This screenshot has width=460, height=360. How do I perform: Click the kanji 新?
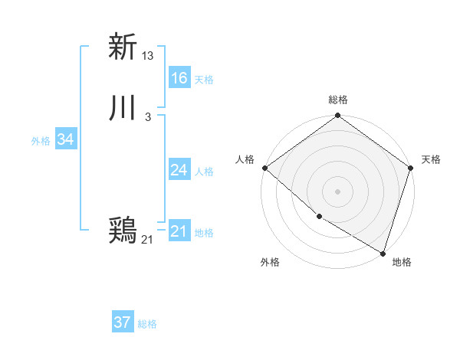pyautogui.click(x=123, y=47)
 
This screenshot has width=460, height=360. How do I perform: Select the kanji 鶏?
pyautogui.click(x=123, y=231)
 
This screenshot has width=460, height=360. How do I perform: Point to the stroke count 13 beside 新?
pyautogui.click(x=149, y=55)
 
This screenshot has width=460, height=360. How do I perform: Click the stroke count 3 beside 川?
pyautogui.click(x=147, y=117)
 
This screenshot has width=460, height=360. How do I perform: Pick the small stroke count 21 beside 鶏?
pyautogui.click(x=147, y=240)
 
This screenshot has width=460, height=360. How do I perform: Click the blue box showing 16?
pyautogui.click(x=179, y=78)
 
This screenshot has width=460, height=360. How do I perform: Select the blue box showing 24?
pyautogui.click(x=179, y=170)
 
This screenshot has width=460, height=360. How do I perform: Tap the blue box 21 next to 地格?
pyautogui.click(x=179, y=231)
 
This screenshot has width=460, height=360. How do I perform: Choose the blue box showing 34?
pyautogui.click(x=66, y=139)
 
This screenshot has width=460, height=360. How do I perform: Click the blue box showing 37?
pyautogui.click(x=123, y=322)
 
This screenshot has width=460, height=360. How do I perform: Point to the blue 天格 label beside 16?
pyautogui.click(x=204, y=80)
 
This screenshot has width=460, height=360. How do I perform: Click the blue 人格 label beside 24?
pyautogui.click(x=204, y=172)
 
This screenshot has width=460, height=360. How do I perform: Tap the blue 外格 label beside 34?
pyautogui.click(x=41, y=141)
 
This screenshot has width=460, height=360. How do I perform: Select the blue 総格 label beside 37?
pyautogui.click(x=147, y=324)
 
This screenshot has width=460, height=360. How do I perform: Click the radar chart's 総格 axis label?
pyautogui.click(x=338, y=100)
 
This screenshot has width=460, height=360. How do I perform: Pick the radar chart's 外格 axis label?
pyautogui.click(x=270, y=262)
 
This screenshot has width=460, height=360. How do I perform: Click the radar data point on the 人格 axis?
pyautogui.click(x=264, y=168)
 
